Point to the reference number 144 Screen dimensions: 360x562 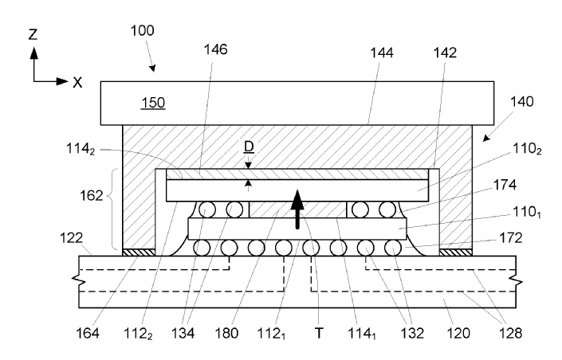point(369,49)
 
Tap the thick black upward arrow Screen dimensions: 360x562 point(298,209)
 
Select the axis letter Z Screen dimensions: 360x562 point(33,35)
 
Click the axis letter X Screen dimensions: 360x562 point(77,81)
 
